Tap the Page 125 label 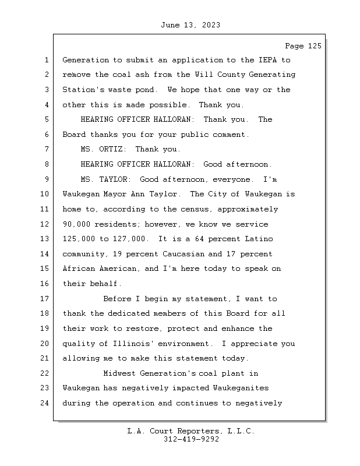pos(303,46)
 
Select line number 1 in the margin pos(46,60)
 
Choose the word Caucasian pos(183,254)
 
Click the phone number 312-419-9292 pos(191,440)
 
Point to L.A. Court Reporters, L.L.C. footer pos(191,432)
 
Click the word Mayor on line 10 pos(121,195)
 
